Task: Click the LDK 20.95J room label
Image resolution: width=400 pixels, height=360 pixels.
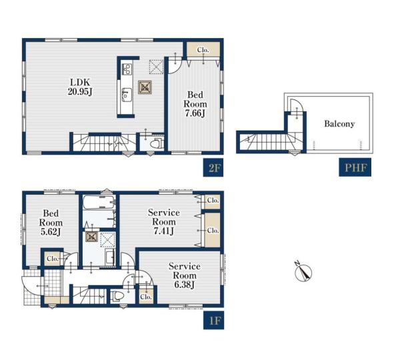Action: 80,87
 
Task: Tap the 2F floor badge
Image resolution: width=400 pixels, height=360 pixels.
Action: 213,167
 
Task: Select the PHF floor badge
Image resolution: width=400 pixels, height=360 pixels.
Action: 355,167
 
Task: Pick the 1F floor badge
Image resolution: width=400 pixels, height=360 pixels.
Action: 213,320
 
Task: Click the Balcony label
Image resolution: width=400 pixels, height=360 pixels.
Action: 339,124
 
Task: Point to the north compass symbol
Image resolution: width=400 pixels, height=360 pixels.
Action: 303,272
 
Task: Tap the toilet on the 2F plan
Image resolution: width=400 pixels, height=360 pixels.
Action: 156,144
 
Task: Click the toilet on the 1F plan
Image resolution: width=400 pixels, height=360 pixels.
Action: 117,296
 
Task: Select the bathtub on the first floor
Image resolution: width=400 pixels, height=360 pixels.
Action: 99,203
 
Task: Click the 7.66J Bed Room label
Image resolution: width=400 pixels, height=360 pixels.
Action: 195,104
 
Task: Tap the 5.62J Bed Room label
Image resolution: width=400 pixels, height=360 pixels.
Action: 51,223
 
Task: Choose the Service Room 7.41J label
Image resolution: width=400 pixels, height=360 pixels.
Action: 164,222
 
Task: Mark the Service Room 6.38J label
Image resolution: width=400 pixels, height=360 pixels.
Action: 185,275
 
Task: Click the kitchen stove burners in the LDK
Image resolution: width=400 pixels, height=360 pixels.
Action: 127,69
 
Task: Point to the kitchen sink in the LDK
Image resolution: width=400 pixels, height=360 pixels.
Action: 127,95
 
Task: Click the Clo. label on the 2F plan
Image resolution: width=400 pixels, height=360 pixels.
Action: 203,50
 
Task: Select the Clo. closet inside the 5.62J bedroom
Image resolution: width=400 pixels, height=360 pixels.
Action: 53,259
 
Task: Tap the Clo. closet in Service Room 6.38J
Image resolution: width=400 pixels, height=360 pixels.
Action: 146,297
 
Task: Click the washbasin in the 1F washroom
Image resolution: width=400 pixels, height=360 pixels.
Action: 109,258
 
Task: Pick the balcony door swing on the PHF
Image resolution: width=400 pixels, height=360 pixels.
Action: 297,105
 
